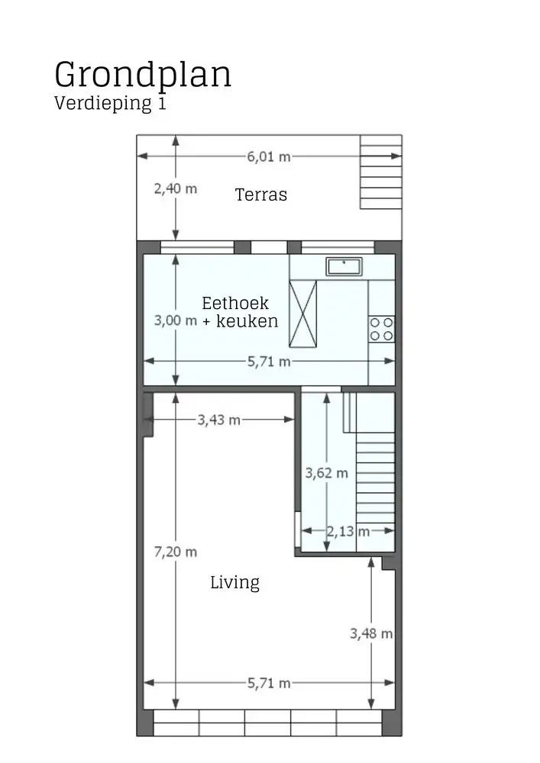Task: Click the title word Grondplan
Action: pos(143,76)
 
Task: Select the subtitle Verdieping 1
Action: pos(109,104)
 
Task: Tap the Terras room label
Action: pos(261,195)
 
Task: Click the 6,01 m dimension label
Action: pos(268,156)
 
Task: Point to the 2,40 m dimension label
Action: pos(175,188)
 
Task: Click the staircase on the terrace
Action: pos(380,172)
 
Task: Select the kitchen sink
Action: pos(344,266)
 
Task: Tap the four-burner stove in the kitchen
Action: pos(381,329)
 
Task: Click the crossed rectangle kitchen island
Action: pos(302,314)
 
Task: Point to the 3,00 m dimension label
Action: pos(175,320)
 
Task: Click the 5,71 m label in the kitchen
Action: pos(268,362)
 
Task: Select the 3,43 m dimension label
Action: pos(218,419)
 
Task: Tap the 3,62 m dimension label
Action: pos(326,473)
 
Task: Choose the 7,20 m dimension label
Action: pos(175,552)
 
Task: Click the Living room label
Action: pos(234,583)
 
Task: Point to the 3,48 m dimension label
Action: pos(371,633)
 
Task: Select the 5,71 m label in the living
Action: pos(268,683)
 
